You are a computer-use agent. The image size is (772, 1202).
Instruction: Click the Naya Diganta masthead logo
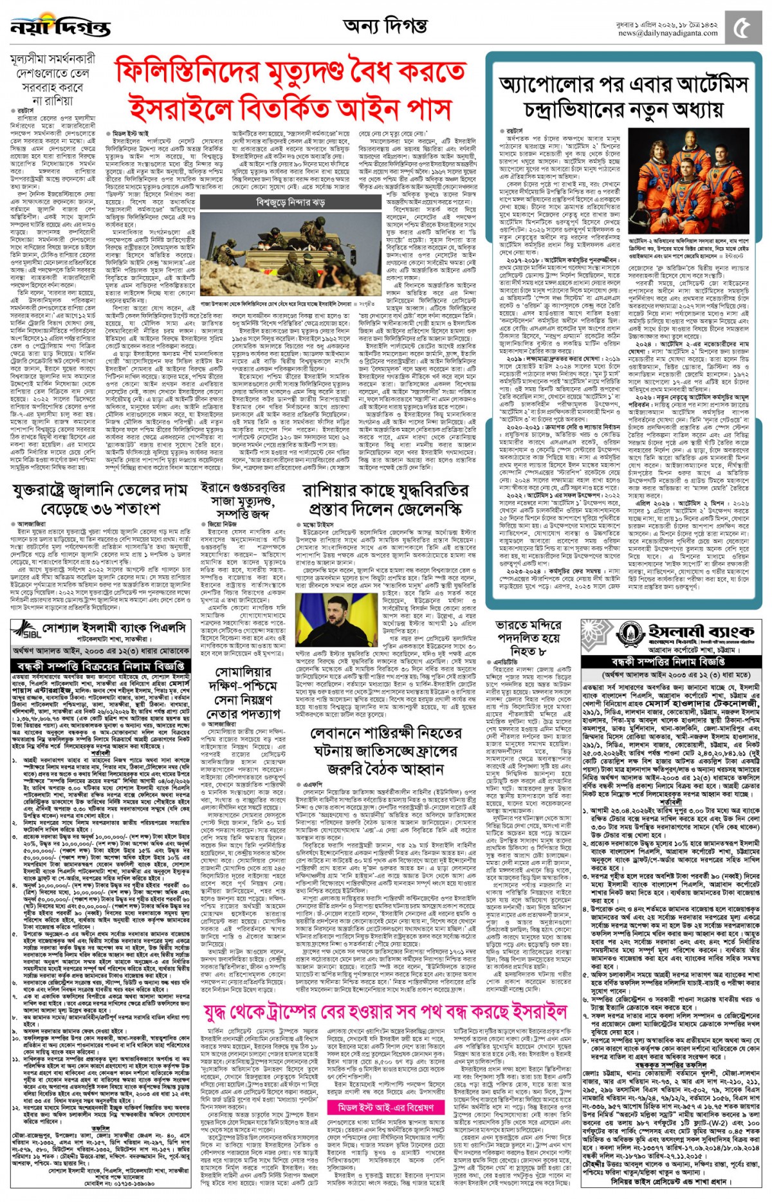tap(60, 28)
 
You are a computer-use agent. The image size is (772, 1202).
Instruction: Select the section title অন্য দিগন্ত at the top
tap(385, 26)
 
